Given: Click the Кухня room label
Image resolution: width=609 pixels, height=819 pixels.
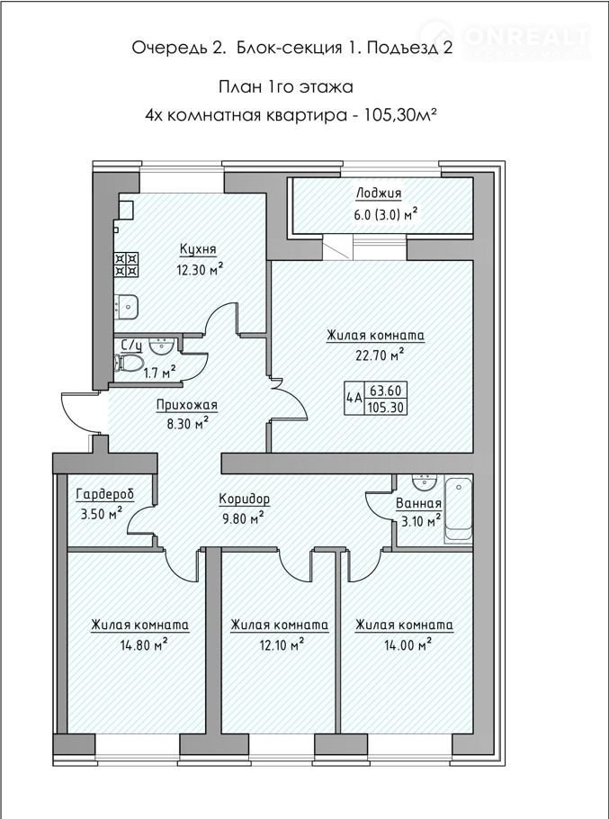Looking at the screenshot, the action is tap(198, 249).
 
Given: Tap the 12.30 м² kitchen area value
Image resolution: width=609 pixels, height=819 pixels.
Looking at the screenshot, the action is tap(200, 270).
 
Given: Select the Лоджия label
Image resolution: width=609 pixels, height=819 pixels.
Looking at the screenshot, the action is tap(379, 193).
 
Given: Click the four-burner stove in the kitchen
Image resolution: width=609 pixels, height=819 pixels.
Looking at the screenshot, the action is tap(126, 265).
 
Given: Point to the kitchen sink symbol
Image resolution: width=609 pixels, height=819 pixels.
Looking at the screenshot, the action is tap(126, 306).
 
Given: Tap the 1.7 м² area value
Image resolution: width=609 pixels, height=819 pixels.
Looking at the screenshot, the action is tap(160, 373).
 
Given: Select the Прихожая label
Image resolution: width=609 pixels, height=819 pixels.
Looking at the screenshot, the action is tap(187, 405).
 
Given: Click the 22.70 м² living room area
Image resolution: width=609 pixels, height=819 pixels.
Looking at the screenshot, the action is tap(380, 355).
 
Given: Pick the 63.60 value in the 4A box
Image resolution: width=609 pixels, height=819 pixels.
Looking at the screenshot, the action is tap(386, 391).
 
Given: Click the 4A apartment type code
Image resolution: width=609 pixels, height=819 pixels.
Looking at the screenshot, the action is tap(354, 399).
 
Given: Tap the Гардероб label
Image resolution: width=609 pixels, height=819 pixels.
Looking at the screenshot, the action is tap(105, 494).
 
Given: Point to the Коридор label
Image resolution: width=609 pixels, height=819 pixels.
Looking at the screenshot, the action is tap(244, 499).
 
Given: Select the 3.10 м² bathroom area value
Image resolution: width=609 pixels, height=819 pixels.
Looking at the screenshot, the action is tap(421, 520).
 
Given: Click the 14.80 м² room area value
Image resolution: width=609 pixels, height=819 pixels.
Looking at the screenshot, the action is tap(144, 645).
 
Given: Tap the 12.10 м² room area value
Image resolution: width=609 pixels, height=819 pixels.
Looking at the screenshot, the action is tap(281, 645).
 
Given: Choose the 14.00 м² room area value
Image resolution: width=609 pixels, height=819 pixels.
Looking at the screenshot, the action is tap(407, 645).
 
